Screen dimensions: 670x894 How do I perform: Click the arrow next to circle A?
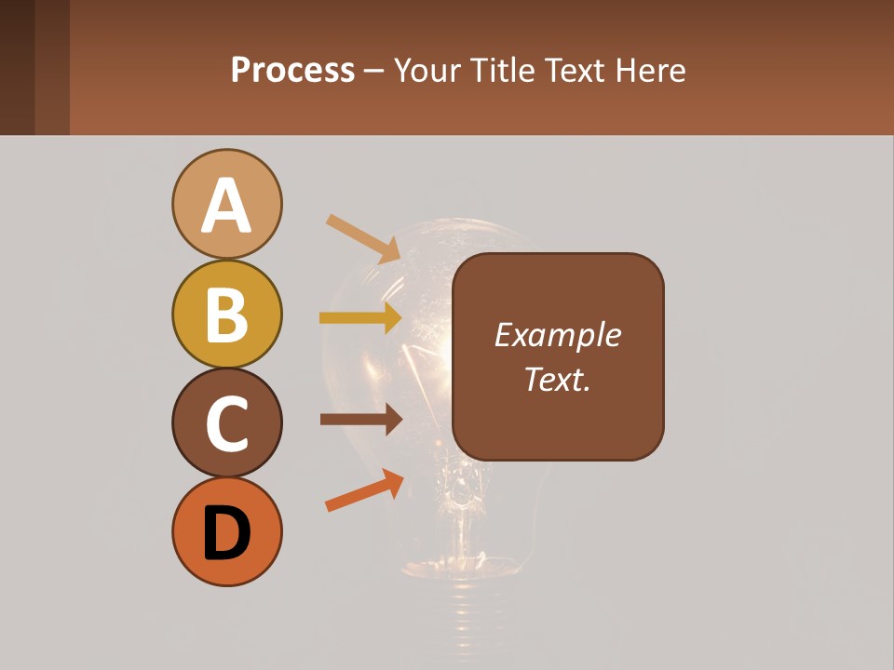pyautogui.click(x=363, y=238)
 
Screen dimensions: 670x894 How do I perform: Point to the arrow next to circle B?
pyautogui.click(x=360, y=318)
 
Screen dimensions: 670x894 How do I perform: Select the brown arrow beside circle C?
pyautogui.click(x=360, y=421)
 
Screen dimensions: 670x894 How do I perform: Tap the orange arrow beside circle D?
pyautogui.click(x=364, y=490)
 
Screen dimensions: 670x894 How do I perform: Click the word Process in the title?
pyautogui.click(x=292, y=71)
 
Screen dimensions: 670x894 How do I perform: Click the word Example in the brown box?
pyautogui.click(x=557, y=335)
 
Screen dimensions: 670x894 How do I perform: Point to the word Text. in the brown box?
pyautogui.click(x=557, y=380)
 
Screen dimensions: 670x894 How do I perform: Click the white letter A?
pyautogui.click(x=226, y=206)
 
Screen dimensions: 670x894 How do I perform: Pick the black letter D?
pyautogui.click(x=226, y=533)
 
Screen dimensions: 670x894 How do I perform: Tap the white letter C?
pyautogui.click(x=226, y=424)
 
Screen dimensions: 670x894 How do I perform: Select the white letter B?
pyautogui.click(x=226, y=315)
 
